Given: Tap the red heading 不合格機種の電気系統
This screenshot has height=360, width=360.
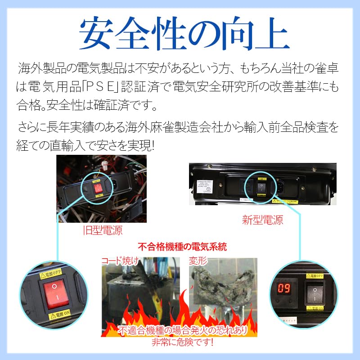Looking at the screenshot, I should tap(182, 247).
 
